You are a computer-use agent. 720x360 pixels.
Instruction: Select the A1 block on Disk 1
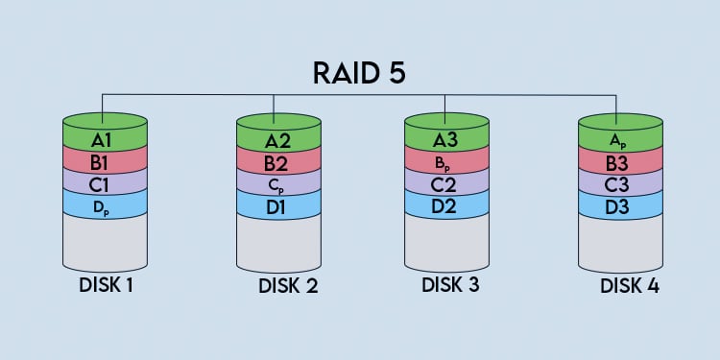point(105,141)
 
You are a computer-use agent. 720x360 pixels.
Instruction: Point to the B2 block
point(276,163)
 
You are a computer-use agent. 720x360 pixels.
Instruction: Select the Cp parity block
point(276,183)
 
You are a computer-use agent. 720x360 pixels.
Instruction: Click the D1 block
point(276,204)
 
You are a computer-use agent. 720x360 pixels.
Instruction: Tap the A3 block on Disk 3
point(446,140)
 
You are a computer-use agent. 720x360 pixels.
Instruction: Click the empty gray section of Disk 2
point(276,240)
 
